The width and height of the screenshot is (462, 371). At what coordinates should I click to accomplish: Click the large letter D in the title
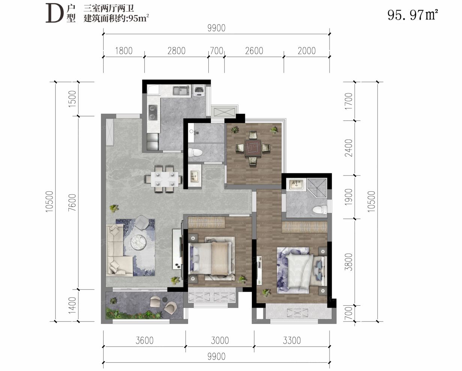pos(54,13)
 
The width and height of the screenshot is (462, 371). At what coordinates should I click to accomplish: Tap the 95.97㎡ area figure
pos(412,15)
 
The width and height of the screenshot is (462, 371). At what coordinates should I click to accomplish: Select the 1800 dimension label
pos(123,51)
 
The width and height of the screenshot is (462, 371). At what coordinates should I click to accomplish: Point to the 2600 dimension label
pos(254,51)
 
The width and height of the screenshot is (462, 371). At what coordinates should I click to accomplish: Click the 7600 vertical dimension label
pos(72,203)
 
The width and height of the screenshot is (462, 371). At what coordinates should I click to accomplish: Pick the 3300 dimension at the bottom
pos(292,340)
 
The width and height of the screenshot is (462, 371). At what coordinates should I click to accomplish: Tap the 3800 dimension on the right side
pos(348,262)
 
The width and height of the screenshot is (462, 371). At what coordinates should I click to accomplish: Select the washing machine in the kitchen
pos(199,90)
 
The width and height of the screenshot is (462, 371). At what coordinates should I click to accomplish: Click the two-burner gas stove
pos(153,112)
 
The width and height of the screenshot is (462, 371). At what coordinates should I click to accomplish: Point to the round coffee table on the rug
pos(138,242)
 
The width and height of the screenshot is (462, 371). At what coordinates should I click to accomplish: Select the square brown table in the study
pos(253,148)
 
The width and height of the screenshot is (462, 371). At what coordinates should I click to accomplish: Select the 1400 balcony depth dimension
pos(72,305)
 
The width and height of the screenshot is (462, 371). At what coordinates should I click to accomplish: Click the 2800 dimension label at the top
pos(176,51)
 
